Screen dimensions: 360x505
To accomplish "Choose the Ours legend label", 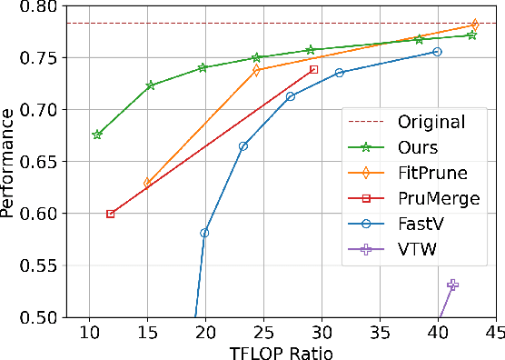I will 418,146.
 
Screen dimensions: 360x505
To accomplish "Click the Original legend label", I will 431,122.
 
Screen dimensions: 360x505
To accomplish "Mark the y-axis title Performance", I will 11,162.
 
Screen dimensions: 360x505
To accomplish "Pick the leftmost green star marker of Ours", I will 97,135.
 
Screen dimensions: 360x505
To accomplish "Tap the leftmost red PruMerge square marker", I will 110,215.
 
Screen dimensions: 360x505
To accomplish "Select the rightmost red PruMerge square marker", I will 313,69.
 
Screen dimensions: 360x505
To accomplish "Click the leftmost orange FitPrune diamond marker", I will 148,183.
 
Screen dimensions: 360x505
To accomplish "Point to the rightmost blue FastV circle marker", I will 437,52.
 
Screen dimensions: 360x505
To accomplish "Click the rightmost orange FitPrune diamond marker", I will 474,25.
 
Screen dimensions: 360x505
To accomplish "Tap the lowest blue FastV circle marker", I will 204,233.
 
